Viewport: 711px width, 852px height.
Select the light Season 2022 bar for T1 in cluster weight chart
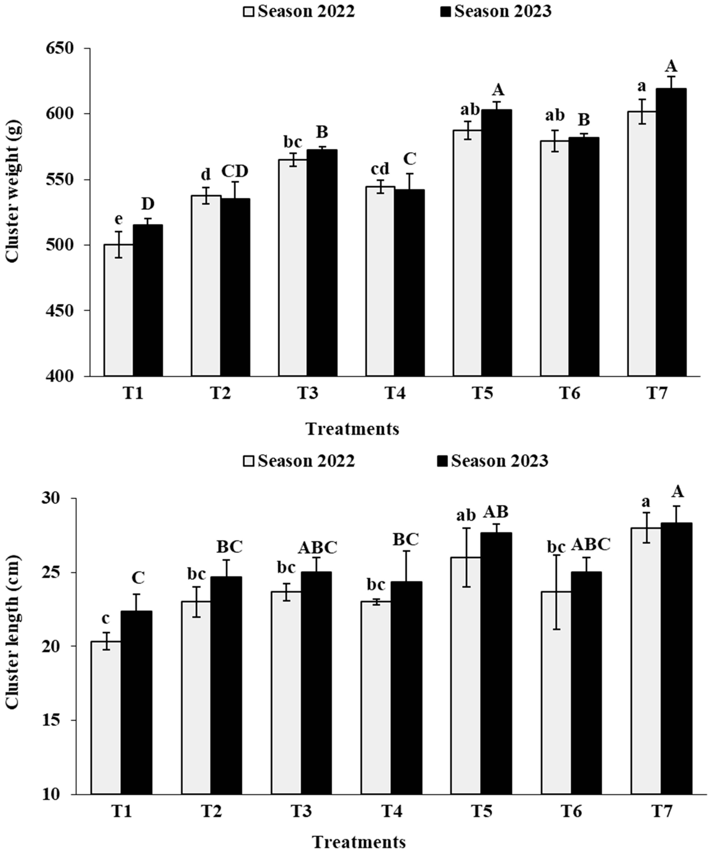pyautogui.click(x=118, y=310)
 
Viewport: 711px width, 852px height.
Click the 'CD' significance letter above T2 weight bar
pyautogui.click(x=235, y=172)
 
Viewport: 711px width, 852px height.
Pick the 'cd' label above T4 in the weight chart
pyautogui.click(x=380, y=168)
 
